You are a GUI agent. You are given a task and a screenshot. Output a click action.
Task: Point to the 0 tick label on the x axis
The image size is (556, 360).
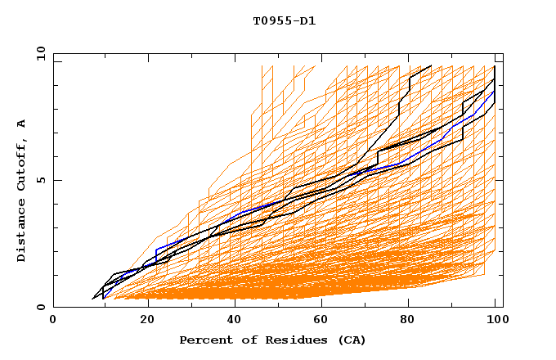(x=53, y=322)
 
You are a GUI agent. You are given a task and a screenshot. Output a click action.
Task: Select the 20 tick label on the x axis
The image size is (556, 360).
(x=142, y=322)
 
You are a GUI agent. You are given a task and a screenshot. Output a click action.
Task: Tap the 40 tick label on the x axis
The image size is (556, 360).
(x=231, y=322)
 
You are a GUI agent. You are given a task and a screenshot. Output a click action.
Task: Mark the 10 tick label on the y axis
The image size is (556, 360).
(x=38, y=53)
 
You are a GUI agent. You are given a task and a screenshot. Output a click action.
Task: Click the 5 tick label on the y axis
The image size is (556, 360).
(x=42, y=180)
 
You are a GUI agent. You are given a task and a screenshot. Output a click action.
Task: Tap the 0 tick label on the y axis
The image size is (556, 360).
(x=42, y=307)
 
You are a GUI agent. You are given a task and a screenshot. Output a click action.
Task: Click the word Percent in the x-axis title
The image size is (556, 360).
(x=205, y=340)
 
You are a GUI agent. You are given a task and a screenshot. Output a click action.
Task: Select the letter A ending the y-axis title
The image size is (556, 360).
(x=22, y=123)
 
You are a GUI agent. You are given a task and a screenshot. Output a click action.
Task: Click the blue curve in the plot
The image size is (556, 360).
(x=245, y=210)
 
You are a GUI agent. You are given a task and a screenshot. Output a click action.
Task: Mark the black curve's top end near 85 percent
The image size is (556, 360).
(x=431, y=65)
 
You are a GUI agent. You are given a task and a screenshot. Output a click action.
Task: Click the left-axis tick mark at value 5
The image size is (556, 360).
(x=56, y=180)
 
